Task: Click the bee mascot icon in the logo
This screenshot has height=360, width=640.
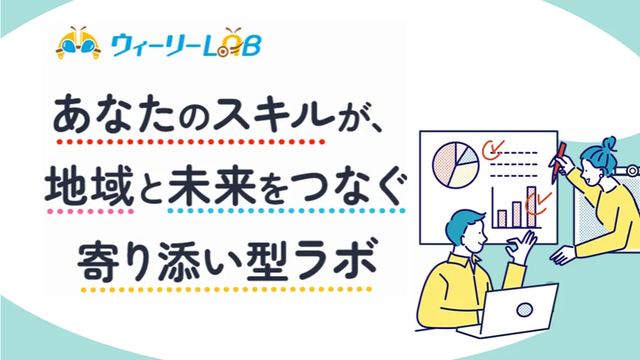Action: coord(78,44)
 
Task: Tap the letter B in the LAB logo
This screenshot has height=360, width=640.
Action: coord(252,45)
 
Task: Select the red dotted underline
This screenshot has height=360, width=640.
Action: coord(191,142)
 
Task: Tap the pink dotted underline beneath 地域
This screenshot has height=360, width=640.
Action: coord(90,212)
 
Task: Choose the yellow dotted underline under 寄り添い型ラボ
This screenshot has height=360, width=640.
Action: coord(226,289)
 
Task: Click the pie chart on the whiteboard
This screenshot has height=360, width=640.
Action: coord(456,164)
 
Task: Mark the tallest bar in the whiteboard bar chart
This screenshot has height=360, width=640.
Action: coord(531,206)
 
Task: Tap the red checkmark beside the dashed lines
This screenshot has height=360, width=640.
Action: coord(493,150)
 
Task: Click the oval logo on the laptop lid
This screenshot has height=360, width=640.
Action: coord(524,310)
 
